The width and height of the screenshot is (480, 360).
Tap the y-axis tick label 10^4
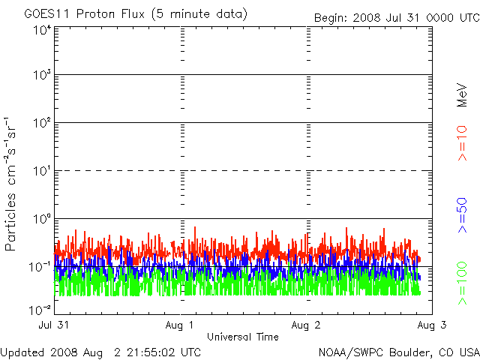pos(41,30)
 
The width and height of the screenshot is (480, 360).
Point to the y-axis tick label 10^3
pos(41,76)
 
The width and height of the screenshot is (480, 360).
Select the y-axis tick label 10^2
pos(41,124)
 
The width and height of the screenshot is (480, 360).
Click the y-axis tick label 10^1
pos(41,172)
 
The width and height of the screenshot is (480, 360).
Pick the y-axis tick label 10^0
pos(41,220)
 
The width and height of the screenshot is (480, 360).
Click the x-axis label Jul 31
pos(55,325)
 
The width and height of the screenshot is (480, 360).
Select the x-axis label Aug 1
pos(181,325)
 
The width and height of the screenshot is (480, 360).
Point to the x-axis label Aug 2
pos(306,325)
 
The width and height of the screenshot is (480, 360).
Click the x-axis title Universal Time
pos(242,337)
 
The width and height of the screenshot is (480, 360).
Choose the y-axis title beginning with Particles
pos(13,184)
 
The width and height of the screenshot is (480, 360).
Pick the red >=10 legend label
pos(462,142)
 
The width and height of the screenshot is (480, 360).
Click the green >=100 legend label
pos(462,283)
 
